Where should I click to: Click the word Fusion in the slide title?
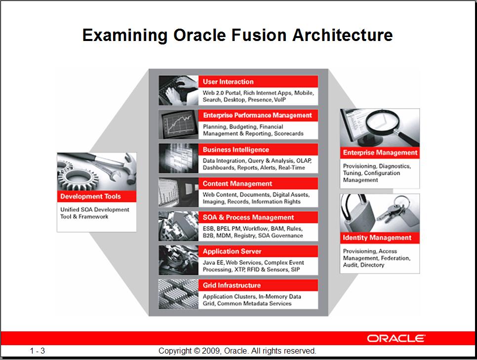click(259, 35)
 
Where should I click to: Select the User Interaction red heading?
click(228, 81)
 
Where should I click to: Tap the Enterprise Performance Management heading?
click(257, 116)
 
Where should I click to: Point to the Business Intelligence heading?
click(236, 150)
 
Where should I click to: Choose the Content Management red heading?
click(238, 184)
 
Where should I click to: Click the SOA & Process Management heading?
click(248, 217)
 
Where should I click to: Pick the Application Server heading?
click(232, 251)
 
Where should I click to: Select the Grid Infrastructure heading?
click(232, 285)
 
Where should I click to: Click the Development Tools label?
click(90, 196)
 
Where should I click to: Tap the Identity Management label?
click(377, 238)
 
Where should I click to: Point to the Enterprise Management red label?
click(380, 153)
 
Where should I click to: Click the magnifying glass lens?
click(380, 121)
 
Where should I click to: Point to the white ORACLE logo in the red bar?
click(396, 338)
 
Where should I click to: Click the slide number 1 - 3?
click(38, 351)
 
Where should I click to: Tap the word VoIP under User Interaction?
click(280, 100)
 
